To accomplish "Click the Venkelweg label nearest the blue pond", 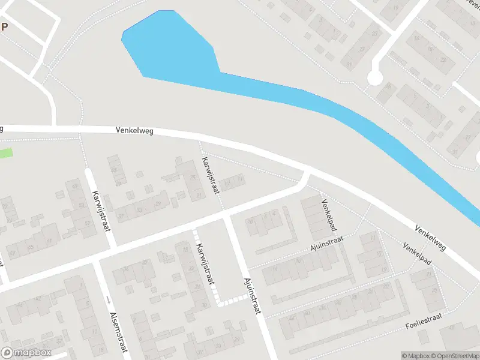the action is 134,130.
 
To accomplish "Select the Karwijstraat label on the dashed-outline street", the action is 206,271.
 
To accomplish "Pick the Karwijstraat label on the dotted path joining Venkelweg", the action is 211,175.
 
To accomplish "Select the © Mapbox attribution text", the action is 416,356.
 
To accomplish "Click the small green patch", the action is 5,153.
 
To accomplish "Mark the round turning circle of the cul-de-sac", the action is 374,78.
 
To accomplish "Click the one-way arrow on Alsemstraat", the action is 107,299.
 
